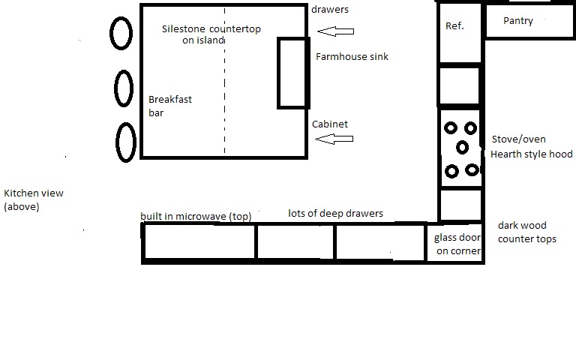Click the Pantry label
518,21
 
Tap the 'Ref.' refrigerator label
454,25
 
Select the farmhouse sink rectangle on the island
278,73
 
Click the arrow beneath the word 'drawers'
335,31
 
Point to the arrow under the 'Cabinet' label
334,139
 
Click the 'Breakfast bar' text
170,106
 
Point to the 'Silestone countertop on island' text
211,34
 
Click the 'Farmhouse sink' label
352,56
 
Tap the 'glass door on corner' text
457,244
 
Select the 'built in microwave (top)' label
196,216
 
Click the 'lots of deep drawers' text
335,214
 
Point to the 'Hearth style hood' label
532,154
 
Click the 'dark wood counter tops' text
527,232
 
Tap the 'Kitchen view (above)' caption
34,199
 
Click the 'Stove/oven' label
519,139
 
